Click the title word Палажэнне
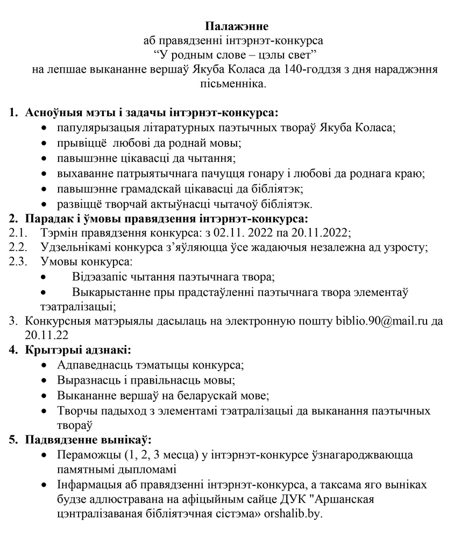coord(237,26)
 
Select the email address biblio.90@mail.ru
coord(381,321)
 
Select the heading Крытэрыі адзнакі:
coord(77,351)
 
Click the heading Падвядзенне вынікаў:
coord(88,440)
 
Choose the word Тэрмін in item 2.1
coord(58,233)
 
